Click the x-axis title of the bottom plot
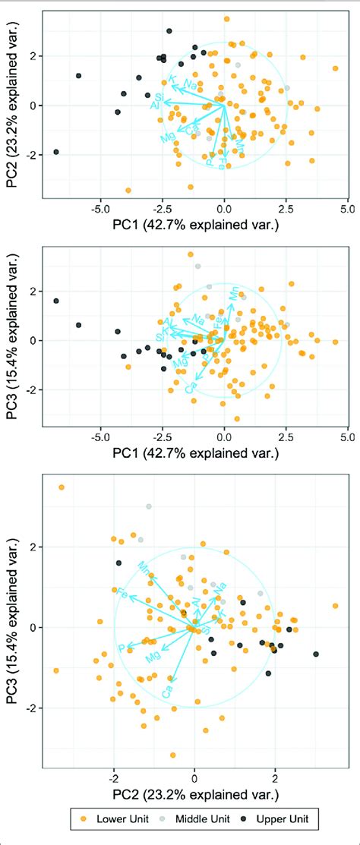(194, 795)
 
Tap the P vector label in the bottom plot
(121, 648)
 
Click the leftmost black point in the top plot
(55, 153)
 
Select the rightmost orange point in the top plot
(336, 68)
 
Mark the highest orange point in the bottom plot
(62, 487)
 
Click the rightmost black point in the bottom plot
(316, 654)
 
